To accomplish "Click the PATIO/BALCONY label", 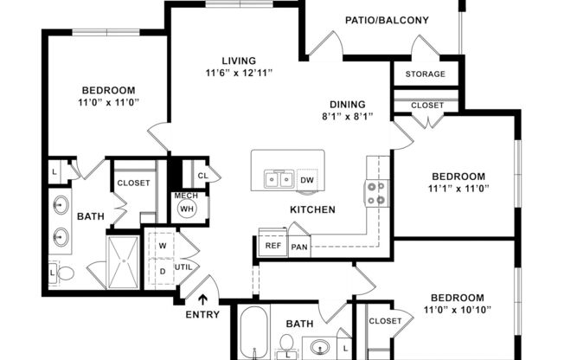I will point(380,20).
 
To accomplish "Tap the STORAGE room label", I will point(425,74).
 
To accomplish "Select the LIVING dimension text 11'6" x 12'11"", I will point(240,73).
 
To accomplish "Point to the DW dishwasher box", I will point(307,180).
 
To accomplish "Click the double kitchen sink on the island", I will point(278,180).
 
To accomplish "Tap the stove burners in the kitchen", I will point(376,193).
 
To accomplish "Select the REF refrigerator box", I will point(272,246).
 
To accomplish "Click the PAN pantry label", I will point(299,247).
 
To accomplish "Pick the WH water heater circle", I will point(188,209).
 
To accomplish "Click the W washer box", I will point(162,245).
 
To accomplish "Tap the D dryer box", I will point(162,271).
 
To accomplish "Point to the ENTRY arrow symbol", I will point(202,299).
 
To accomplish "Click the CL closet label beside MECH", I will point(202,175).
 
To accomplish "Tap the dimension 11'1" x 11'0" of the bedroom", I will point(458,186).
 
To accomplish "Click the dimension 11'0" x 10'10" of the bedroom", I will point(458,309).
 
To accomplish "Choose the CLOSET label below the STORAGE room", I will point(427,106).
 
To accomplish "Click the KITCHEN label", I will point(312,209).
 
